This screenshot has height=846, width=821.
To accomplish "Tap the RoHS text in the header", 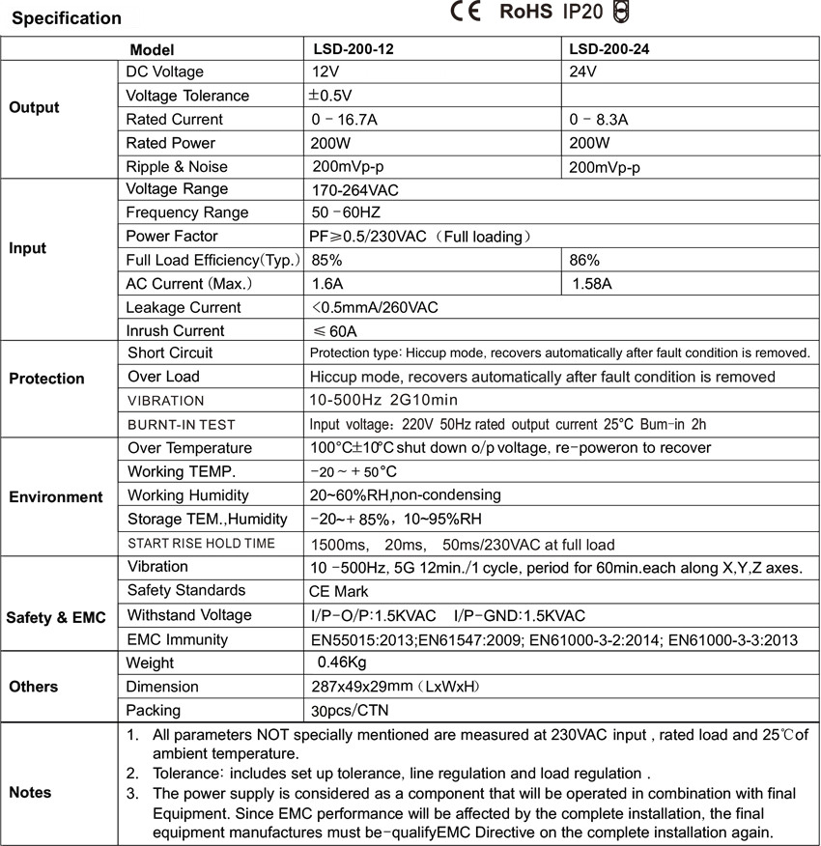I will pyautogui.click(x=525, y=12).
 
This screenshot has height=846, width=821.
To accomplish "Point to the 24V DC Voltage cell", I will pyautogui.click(x=583, y=72).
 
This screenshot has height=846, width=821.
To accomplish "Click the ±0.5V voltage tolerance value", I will pyautogui.click(x=329, y=96).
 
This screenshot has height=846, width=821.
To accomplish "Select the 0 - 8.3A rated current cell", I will pyautogui.click(x=599, y=120).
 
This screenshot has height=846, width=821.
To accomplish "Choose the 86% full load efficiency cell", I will pyautogui.click(x=584, y=260).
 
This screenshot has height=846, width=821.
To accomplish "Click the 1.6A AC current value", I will pyautogui.click(x=328, y=284).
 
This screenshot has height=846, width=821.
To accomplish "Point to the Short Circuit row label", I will pyautogui.click(x=170, y=353).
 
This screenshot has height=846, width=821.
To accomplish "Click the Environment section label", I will pyautogui.click(x=56, y=497).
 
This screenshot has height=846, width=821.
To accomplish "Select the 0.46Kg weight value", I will pyautogui.click(x=342, y=663).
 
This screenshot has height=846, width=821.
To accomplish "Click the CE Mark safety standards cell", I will pyautogui.click(x=339, y=591).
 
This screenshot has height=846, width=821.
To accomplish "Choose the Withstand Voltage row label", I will pyautogui.click(x=189, y=615).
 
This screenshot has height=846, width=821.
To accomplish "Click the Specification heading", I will pyautogui.click(x=67, y=18).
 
